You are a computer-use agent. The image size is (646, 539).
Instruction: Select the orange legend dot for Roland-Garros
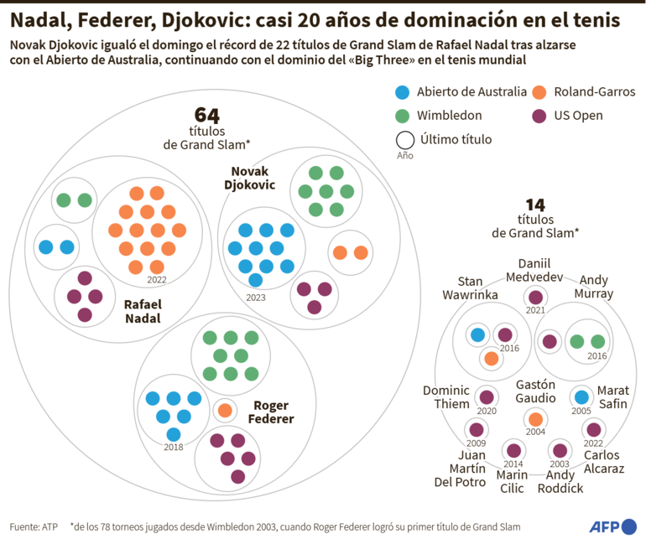tap(540, 91)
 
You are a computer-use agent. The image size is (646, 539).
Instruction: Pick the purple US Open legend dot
tap(540, 115)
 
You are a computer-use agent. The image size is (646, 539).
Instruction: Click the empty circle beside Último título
tap(404, 139)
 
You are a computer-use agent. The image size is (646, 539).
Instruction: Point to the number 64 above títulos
tap(206, 115)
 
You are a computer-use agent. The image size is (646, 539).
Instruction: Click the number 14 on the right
tap(535, 205)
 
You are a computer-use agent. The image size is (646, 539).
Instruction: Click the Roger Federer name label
tap(274, 412)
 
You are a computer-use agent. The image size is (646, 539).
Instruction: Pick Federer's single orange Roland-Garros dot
tap(225, 410)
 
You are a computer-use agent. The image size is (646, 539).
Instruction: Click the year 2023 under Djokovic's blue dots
tap(257, 297)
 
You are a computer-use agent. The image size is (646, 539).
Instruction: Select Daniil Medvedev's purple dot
tap(534, 297)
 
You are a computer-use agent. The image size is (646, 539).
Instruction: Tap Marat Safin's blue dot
tap(581, 396)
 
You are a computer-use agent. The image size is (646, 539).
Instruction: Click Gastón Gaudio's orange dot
tap(534, 418)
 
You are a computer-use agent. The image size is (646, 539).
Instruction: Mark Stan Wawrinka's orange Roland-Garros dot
tap(491, 358)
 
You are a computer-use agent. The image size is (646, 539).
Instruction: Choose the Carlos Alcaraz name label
tap(603, 462)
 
